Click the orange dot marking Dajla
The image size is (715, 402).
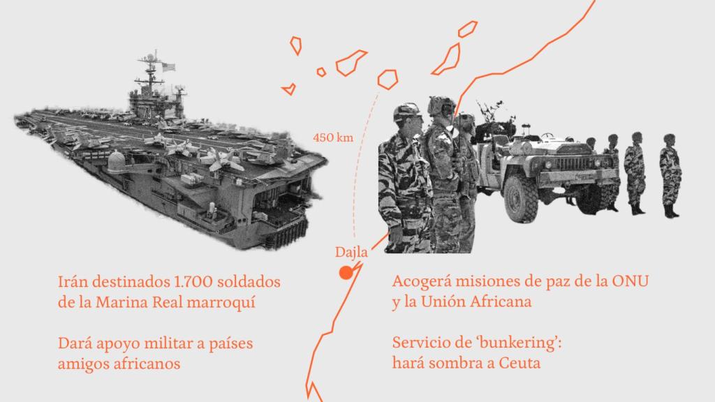point(345,273)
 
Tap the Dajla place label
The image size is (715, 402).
point(351,252)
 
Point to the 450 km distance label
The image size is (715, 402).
point(332,137)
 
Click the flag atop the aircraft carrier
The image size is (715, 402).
point(168,67)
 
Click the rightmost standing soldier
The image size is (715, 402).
point(670,174)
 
